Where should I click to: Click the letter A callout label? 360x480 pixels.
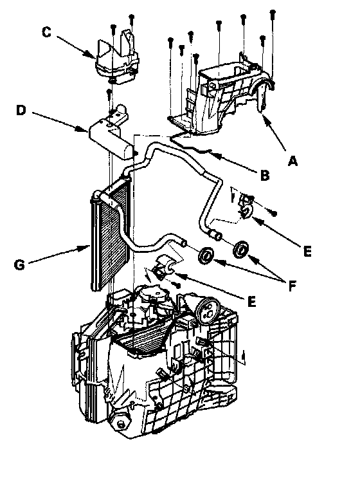tap(292, 160)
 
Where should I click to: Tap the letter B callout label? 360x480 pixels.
tap(264, 175)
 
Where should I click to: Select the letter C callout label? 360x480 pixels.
tap(46, 32)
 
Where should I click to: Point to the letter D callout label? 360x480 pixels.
tap(21, 110)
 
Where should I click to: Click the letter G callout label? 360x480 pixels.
tap(19, 264)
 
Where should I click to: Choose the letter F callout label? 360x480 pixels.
tap(292, 286)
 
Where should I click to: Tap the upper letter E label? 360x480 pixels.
tap(307, 252)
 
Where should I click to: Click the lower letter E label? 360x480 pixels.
tap(251, 302)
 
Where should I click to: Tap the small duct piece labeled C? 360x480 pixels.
tap(117, 58)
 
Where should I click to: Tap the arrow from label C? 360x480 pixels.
tap(76, 47)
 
